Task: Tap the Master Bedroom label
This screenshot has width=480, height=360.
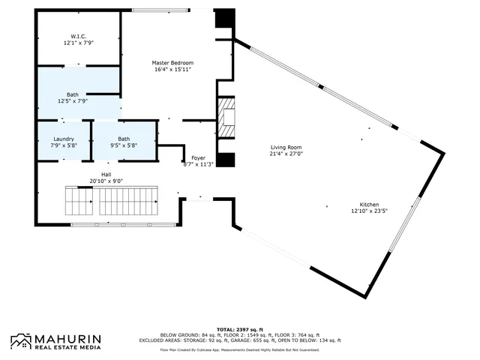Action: tap(172, 62)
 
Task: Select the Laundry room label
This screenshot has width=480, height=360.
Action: tap(63, 139)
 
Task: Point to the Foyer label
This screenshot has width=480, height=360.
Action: tap(198, 157)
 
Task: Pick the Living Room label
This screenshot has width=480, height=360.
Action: tap(286, 148)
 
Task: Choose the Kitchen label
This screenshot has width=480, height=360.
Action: tap(368, 205)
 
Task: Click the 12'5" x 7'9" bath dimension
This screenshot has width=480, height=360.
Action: tap(73, 100)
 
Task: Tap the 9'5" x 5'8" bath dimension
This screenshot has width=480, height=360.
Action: tap(123, 145)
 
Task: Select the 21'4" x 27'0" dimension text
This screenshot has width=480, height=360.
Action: tap(286, 154)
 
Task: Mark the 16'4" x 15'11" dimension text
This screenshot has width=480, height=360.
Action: tap(172, 69)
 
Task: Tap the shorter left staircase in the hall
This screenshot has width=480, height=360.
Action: tap(78, 201)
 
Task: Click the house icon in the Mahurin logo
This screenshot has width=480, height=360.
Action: tap(21, 342)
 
